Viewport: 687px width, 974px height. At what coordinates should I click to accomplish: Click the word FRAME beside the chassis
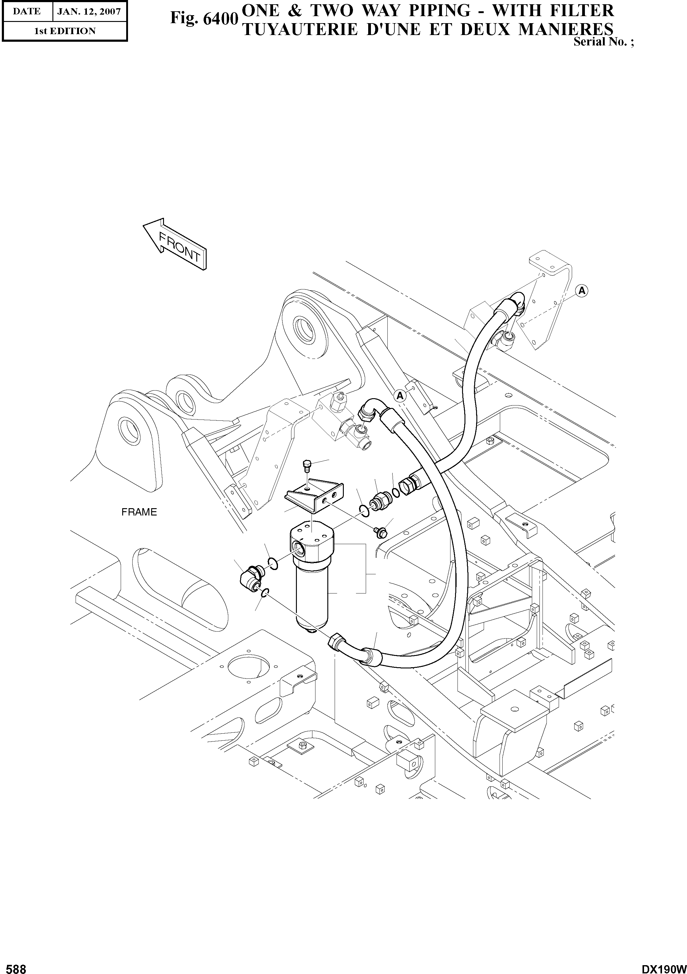(x=139, y=512)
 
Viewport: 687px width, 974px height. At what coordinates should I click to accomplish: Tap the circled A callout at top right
(x=582, y=291)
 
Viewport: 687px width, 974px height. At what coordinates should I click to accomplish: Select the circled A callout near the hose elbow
(x=400, y=396)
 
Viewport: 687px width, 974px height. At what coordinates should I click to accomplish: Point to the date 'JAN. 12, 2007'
(x=89, y=12)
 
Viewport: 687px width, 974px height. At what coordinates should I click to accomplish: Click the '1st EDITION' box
(x=65, y=31)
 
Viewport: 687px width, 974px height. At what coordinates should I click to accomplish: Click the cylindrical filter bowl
(x=311, y=594)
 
